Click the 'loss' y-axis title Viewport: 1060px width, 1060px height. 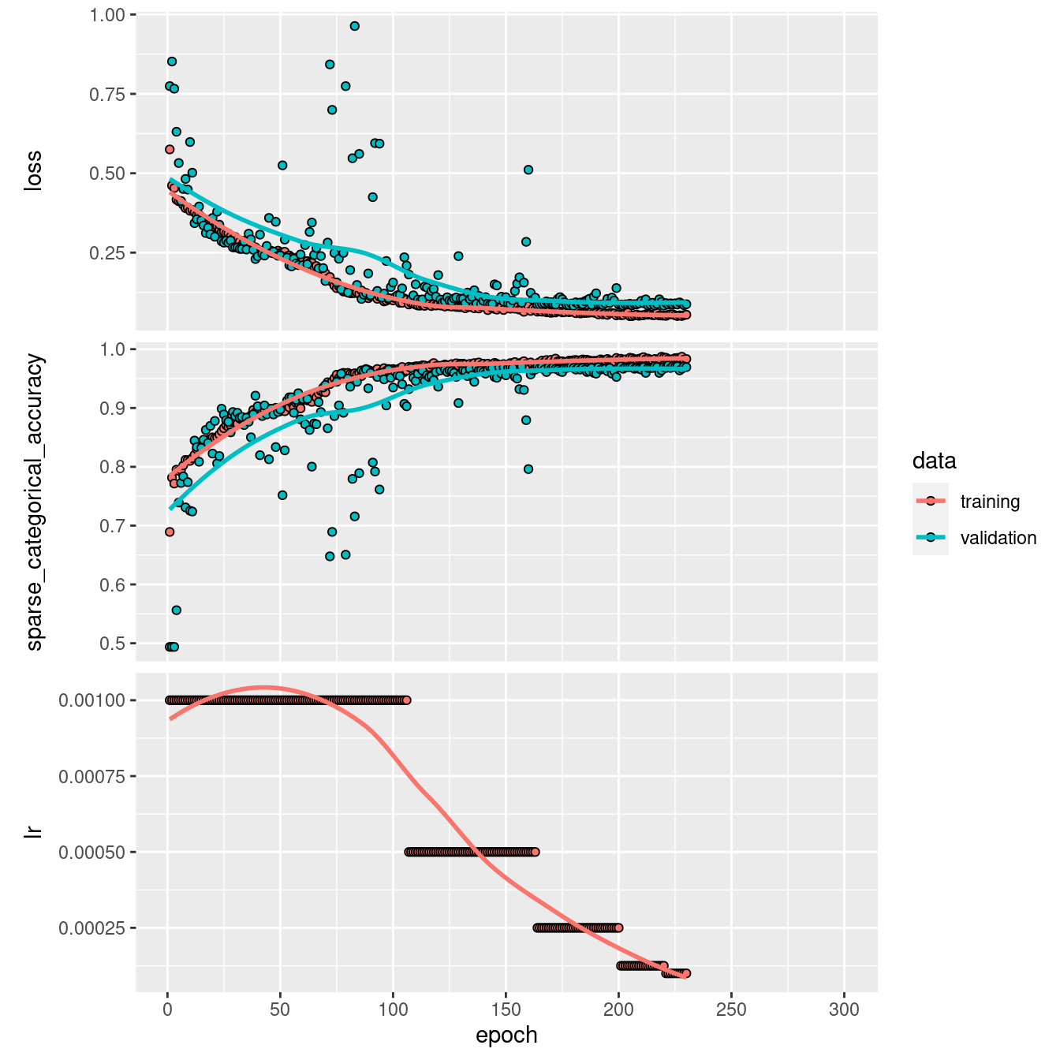[33, 171]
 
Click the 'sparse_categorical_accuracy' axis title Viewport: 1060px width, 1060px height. [35, 503]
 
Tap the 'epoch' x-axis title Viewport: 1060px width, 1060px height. [506, 1035]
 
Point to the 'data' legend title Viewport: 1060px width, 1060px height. [934, 461]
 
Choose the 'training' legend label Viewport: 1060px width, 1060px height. [990, 502]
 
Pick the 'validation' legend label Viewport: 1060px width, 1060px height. [998, 538]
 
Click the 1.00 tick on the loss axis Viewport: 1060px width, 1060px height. [108, 15]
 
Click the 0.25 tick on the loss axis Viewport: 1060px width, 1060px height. [108, 252]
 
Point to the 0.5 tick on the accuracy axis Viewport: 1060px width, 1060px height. [114, 644]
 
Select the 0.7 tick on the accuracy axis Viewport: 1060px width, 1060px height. [114, 526]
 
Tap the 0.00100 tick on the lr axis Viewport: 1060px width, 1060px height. [91, 700]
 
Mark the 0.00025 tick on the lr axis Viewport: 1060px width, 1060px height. [91, 927]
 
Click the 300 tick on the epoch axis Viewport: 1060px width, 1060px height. [844, 1010]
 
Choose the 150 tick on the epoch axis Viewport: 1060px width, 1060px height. [506, 1010]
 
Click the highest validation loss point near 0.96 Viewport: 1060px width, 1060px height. [355, 26]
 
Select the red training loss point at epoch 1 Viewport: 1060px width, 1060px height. [170, 149]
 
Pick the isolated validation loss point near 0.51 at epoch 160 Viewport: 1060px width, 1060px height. [528, 170]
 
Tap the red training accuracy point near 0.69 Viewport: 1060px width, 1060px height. [170, 532]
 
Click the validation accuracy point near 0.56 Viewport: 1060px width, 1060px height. [177, 610]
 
